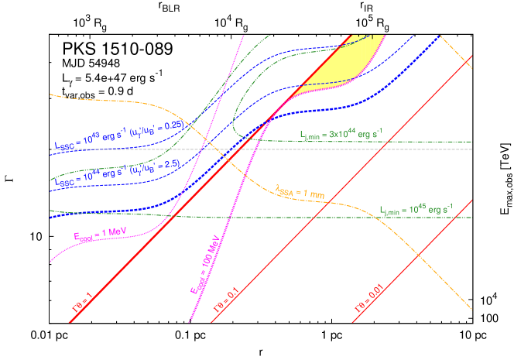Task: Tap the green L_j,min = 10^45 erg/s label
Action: [x=416, y=209]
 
